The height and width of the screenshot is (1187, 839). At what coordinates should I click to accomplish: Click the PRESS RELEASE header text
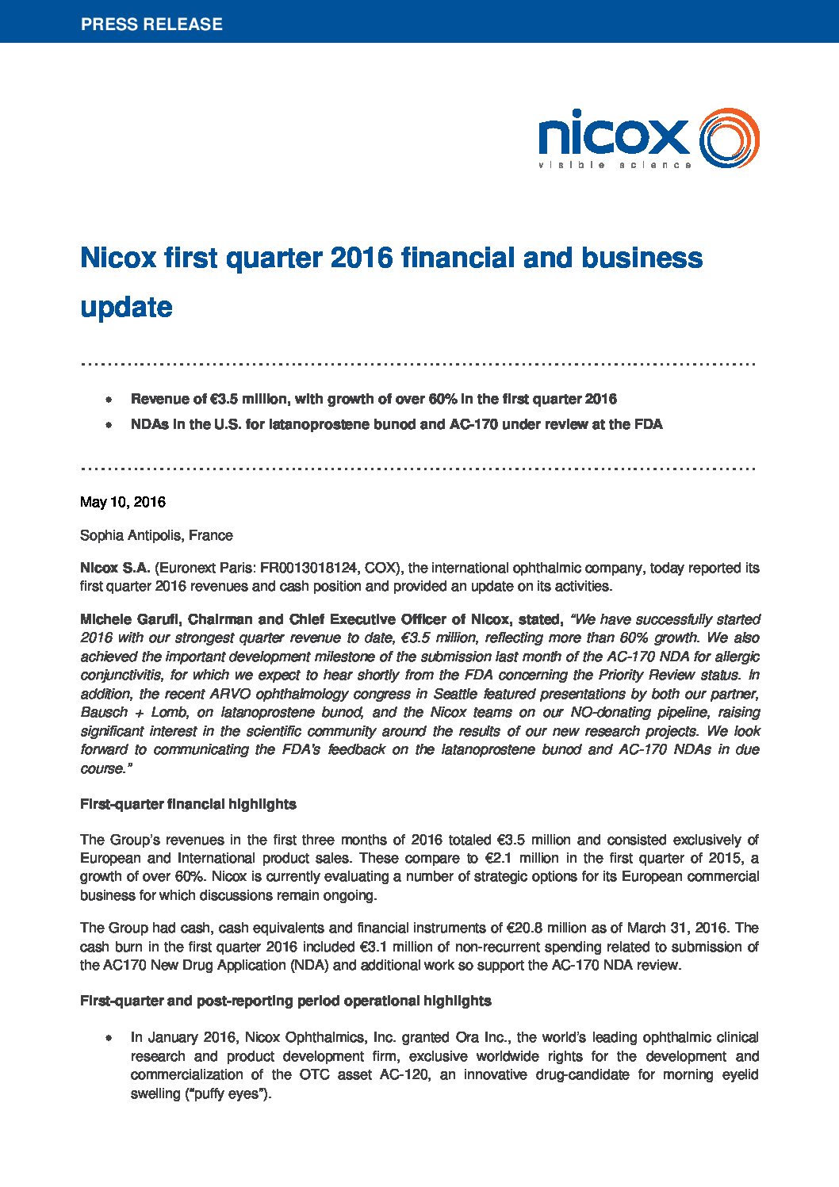151,25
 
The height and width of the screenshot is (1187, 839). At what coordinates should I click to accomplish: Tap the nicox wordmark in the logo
613,136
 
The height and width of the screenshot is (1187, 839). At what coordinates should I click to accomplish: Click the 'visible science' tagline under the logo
615,165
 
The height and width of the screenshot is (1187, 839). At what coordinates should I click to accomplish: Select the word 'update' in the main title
126,307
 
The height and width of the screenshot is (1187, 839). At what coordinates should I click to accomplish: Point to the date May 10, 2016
123,502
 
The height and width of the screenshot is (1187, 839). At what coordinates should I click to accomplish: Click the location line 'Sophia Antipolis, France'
156,535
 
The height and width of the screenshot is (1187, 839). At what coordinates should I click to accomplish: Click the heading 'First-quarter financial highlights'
188,804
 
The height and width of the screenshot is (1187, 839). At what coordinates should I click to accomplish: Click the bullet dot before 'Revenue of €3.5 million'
109,400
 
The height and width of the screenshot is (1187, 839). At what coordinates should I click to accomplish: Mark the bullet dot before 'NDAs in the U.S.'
109,425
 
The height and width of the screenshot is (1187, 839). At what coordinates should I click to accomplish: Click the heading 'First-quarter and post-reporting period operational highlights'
285,1001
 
